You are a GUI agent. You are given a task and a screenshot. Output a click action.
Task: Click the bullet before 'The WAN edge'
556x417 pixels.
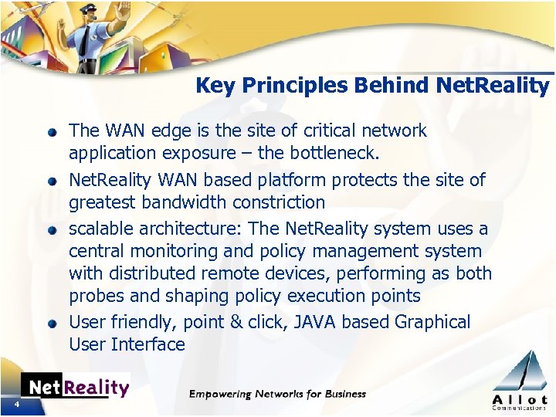[x=52, y=132]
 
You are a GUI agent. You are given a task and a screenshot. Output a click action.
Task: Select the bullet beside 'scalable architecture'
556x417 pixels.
[x=52, y=230]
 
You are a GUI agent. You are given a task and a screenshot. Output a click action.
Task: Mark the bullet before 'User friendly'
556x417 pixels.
[x=52, y=324]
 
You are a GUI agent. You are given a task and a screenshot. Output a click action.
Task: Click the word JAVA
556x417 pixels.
[x=314, y=322]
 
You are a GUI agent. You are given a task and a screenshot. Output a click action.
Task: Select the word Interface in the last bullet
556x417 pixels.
[x=148, y=344]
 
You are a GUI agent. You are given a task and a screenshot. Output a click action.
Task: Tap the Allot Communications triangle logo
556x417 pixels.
[x=519, y=379]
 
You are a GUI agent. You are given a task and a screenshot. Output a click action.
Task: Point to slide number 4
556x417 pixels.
[x=15, y=405]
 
